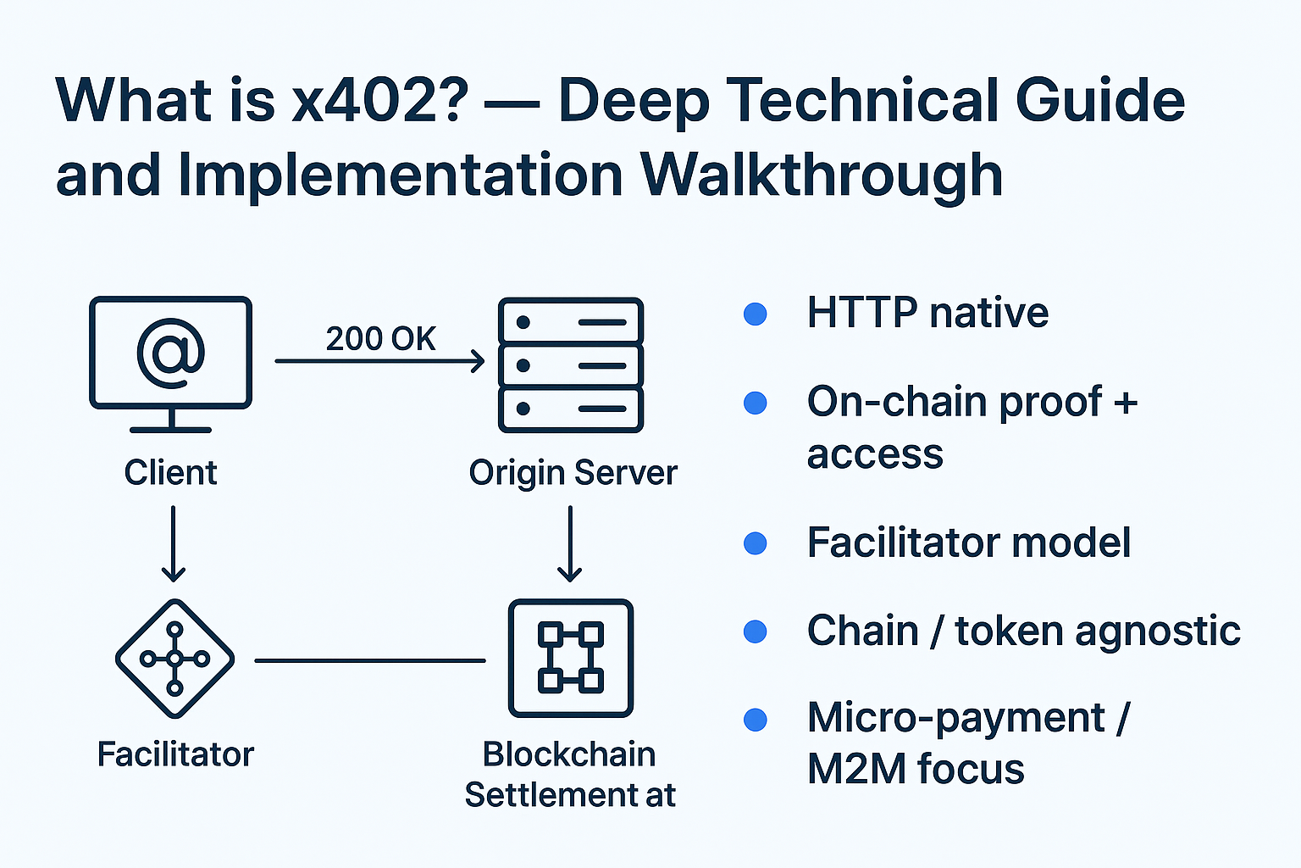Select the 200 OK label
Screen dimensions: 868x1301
coord(380,338)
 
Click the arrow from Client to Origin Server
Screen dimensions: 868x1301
coord(379,361)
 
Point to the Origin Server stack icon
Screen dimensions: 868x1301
coord(571,365)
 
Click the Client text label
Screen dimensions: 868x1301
coord(170,472)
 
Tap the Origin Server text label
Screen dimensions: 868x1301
coord(573,472)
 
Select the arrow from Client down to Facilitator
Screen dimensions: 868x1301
coord(173,543)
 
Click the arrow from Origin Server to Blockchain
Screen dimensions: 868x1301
coord(570,543)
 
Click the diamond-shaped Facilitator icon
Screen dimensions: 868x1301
coord(174,659)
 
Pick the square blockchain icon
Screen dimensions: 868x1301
coord(571,659)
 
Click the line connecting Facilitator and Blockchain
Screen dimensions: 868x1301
coord(370,659)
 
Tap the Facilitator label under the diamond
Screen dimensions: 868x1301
coord(175,754)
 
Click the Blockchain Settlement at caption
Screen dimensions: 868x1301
coord(570,774)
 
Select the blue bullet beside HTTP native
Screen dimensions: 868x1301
coord(755,314)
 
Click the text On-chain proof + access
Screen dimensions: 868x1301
coord(972,426)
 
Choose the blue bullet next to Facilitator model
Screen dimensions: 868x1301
coord(755,543)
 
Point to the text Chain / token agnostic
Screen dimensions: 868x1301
coord(1023,631)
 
